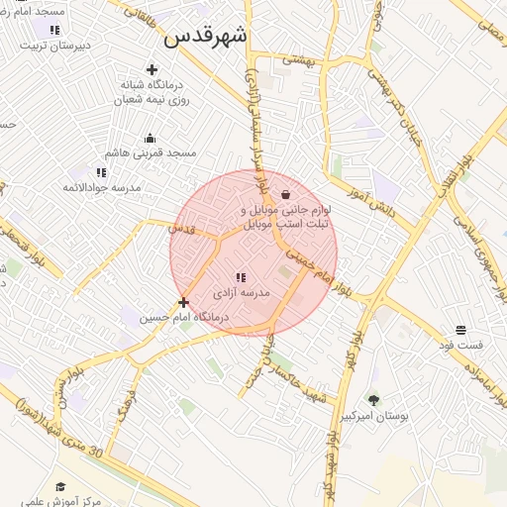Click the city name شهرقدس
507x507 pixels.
tap(207, 37)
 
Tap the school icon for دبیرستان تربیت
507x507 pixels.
tap(53, 30)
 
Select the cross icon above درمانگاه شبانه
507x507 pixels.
tap(151, 69)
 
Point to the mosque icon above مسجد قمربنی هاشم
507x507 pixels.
tap(150, 138)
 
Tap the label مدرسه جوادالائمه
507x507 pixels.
tap(102, 187)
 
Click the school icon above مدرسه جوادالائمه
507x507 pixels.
tap(101, 172)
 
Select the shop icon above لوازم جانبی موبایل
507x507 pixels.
tap(286, 195)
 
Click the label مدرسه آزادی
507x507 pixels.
tap(239, 295)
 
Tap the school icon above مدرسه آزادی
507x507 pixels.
tap(240, 278)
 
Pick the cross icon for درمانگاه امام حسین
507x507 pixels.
tap(183, 301)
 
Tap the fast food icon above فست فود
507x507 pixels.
tap(460, 330)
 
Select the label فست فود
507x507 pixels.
tap(461, 346)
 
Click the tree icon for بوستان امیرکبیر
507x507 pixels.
tap(373, 400)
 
